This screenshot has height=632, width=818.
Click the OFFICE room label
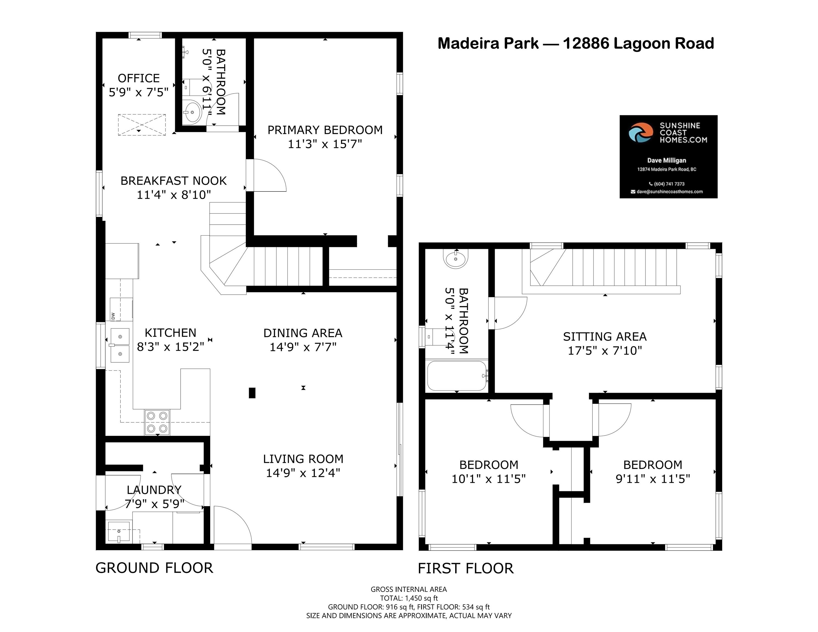click(x=139, y=78)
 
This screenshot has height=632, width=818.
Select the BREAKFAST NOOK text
click(x=173, y=181)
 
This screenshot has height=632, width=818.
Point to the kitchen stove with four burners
click(x=157, y=422)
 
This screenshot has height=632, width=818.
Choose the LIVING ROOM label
click(x=303, y=459)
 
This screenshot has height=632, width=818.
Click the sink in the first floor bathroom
click(x=456, y=259)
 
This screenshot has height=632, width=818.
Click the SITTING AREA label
click(x=605, y=337)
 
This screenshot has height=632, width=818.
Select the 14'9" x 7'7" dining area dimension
click(x=303, y=347)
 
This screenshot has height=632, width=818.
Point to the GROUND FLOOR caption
click(x=154, y=568)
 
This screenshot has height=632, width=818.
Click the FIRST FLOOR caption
click(x=466, y=568)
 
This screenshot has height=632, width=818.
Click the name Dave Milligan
click(x=667, y=160)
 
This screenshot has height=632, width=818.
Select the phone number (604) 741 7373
click(x=667, y=184)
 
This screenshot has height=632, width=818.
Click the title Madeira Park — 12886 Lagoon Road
click(x=576, y=43)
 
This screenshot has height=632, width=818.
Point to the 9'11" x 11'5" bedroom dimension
click(x=653, y=479)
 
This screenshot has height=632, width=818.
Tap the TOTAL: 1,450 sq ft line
click(x=409, y=598)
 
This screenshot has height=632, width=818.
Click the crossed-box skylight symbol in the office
click(x=142, y=125)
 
